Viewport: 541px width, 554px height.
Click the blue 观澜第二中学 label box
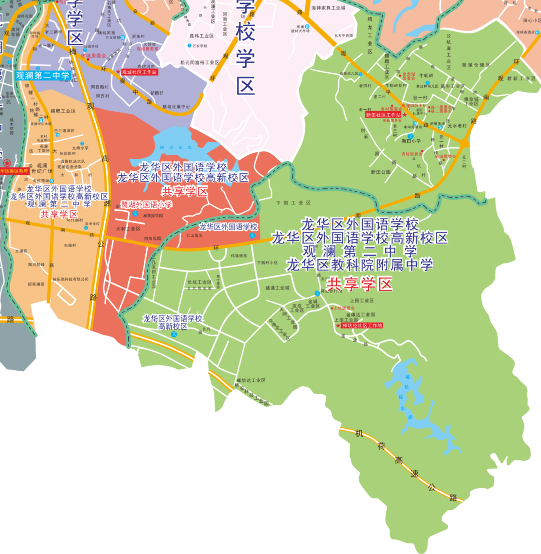pyautogui.click(x=43, y=76)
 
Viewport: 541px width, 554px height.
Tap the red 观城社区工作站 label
pyautogui.click(x=139, y=72)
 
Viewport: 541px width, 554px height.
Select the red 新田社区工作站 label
pyautogui.click(x=383, y=115)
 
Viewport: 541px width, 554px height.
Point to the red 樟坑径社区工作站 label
pyautogui.click(x=362, y=326)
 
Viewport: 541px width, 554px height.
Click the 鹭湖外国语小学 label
pyautogui.click(x=146, y=204)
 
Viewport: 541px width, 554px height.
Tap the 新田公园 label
pyautogui.click(x=381, y=172)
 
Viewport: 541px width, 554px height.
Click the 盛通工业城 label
pyautogui.click(x=278, y=288)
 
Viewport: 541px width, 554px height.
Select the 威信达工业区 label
pyautogui.click(x=251, y=381)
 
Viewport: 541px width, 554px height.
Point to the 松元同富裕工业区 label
pyautogui.click(x=199, y=63)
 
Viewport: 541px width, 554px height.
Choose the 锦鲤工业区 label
pyautogui.click(x=63, y=111)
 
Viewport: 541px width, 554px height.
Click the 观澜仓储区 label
pyautogui.click(x=475, y=65)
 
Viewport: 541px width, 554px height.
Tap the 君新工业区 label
pyautogui.click(x=521, y=79)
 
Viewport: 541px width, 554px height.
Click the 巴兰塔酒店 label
pyautogui.click(x=64, y=130)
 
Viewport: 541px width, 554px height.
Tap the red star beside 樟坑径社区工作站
pyautogui.click(x=338, y=326)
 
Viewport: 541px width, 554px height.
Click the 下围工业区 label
pyautogui.click(x=294, y=203)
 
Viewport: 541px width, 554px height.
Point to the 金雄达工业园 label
pyautogui.click(x=361, y=314)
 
